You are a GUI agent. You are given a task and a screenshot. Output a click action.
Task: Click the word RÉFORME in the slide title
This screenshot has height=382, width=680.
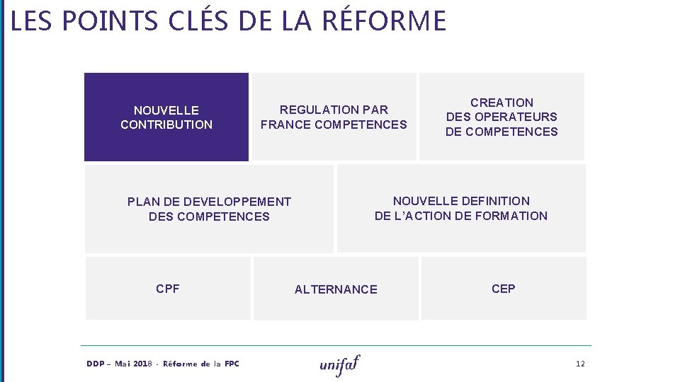384,21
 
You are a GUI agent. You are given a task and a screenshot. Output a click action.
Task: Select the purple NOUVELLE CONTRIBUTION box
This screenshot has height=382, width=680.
166,117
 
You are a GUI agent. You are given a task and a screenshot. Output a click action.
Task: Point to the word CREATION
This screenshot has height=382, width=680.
501,103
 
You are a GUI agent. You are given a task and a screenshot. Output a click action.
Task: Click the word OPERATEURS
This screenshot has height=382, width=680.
516,117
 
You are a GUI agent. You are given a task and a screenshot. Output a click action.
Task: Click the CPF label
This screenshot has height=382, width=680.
168,289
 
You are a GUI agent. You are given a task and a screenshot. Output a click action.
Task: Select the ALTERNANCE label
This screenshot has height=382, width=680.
336,289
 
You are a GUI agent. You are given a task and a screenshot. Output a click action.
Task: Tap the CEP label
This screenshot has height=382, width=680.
504,289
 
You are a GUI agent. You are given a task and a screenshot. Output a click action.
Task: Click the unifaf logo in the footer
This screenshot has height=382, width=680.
340,364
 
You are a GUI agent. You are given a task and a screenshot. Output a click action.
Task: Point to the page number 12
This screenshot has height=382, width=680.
580,364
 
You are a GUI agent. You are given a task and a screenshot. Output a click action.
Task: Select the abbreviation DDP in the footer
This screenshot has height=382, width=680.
95,364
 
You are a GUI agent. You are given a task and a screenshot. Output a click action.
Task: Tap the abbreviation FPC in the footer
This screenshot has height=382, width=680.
232,364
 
